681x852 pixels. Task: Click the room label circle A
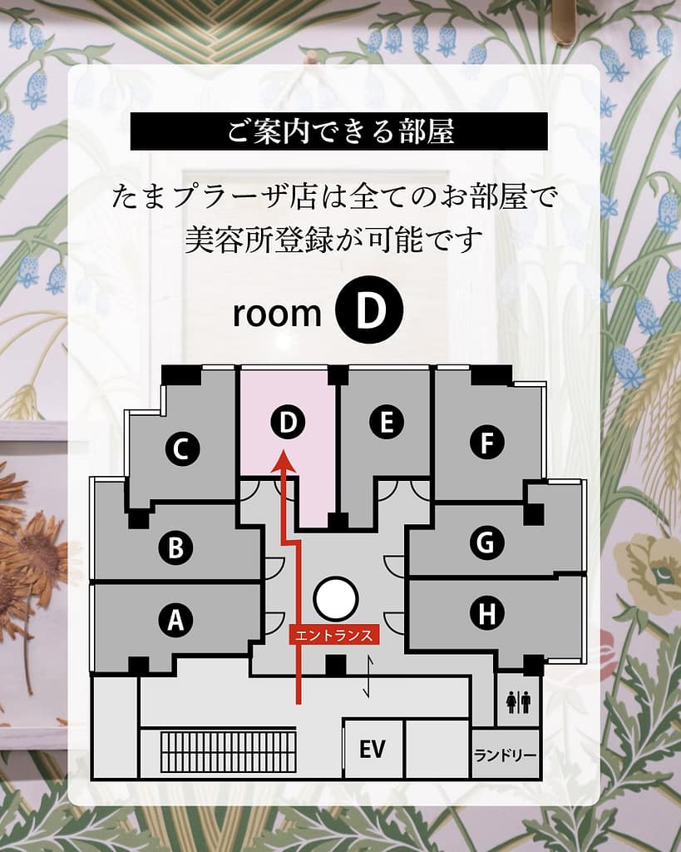click(x=175, y=620)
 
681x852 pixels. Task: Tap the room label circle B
click(x=175, y=547)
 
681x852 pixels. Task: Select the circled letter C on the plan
click(x=181, y=450)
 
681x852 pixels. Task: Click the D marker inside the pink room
click(x=287, y=423)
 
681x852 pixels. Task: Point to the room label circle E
click(x=386, y=423)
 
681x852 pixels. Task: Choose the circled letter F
click(x=487, y=441)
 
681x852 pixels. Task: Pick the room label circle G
click(x=486, y=542)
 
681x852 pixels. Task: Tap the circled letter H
click(x=486, y=614)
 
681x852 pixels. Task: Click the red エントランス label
click(x=334, y=635)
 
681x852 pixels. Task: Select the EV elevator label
click(x=373, y=750)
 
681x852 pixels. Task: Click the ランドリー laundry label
click(x=506, y=755)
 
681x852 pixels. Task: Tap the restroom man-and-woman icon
click(x=518, y=703)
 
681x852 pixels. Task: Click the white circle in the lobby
click(x=336, y=598)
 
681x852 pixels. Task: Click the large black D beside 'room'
click(x=368, y=310)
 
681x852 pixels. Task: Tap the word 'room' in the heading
click(x=277, y=313)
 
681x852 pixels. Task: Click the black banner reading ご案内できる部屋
click(x=339, y=131)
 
